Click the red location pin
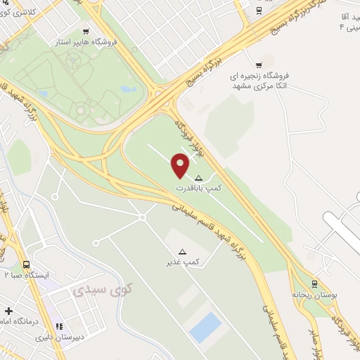pos(181,165)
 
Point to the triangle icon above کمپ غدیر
pos(183,251)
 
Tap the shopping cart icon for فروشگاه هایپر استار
pos(86,31)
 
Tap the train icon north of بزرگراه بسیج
pos(259,10)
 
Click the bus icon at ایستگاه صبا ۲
pos(27,264)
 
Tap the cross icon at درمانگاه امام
pos(8,310)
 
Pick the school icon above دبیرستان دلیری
pos(59,326)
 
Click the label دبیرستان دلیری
pos(60,337)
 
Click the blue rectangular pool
pos(206,328)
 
